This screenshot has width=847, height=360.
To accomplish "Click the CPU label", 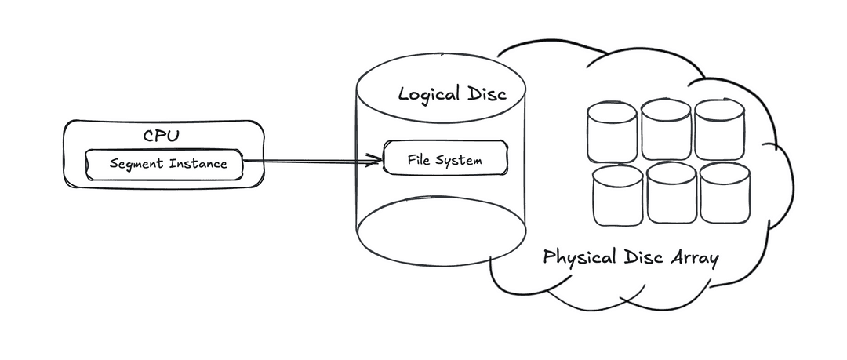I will pyautogui.click(x=161, y=135).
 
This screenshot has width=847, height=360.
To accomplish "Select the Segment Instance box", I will pyautogui.click(x=163, y=164).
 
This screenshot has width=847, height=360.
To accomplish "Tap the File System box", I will pyautogui.click(x=445, y=160).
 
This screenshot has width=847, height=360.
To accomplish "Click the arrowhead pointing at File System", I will pyautogui.click(x=375, y=163).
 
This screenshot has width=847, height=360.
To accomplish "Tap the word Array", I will pyautogui.click(x=692, y=259).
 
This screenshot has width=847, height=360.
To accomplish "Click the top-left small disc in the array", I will pyautogui.click(x=612, y=130).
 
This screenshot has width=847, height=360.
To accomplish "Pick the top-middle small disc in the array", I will pyautogui.click(x=666, y=129).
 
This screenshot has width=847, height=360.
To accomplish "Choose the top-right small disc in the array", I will pyautogui.click(x=718, y=128).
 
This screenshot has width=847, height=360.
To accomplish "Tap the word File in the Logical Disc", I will pyautogui.click(x=420, y=160).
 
